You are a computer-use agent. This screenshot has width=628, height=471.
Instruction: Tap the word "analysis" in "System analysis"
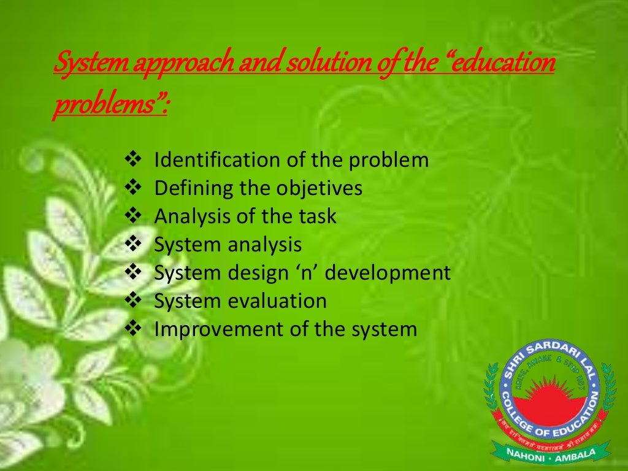[265, 245]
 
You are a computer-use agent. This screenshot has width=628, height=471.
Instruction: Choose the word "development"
[388, 273]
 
